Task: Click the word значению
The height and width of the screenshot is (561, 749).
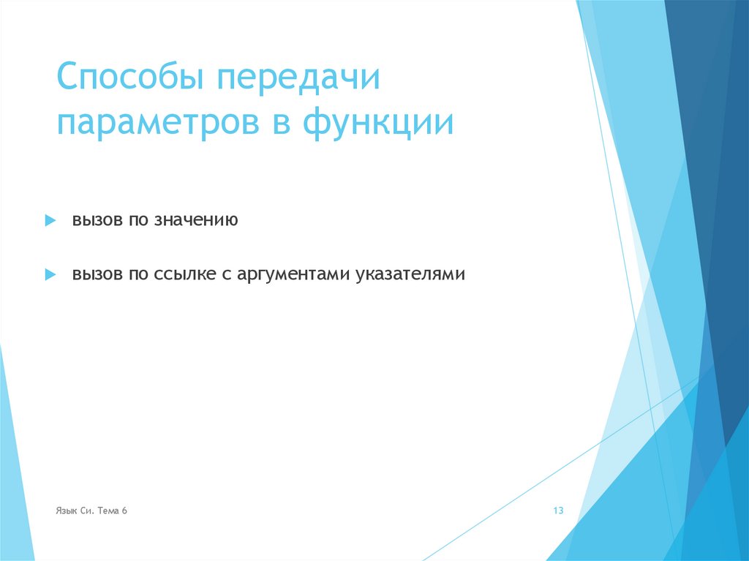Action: (x=196, y=220)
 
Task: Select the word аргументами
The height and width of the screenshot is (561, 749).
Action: (x=291, y=275)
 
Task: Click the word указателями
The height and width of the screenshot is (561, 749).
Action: (x=411, y=275)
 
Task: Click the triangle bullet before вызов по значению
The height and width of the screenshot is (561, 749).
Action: (x=50, y=220)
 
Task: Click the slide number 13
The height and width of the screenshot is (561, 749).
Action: (x=558, y=511)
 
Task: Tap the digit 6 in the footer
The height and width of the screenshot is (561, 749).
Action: (x=125, y=511)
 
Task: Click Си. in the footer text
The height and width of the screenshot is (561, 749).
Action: (x=86, y=511)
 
